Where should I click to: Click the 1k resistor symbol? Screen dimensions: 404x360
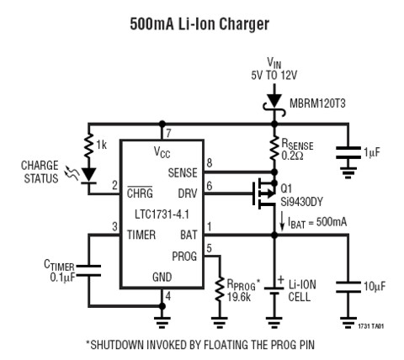tap(88, 146)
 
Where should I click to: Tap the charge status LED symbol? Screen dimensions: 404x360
tap(88, 176)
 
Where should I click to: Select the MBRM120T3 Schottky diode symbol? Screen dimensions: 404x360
tap(274, 104)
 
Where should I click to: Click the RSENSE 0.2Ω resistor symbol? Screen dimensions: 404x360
tap(274, 148)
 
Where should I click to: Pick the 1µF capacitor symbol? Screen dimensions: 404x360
tap(348, 153)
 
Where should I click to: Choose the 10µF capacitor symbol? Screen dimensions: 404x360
tap(348, 287)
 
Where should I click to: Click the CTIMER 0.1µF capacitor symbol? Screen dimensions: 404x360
tap(88, 271)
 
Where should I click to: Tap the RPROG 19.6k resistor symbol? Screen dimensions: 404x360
tap(220, 289)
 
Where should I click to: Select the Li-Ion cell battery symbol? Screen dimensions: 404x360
tap(274, 291)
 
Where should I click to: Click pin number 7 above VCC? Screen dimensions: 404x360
tap(168, 134)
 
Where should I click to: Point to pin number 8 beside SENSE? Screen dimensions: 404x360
tap(210, 163)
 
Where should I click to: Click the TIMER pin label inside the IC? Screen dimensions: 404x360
tap(141, 235)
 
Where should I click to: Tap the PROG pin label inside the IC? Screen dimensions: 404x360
tap(184, 256)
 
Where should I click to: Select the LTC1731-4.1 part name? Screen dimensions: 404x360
tap(162, 214)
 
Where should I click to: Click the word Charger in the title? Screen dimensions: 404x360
tap(244, 24)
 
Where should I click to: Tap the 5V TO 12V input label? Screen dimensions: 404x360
tap(274, 75)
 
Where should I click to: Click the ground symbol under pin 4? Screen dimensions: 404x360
tap(162, 322)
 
